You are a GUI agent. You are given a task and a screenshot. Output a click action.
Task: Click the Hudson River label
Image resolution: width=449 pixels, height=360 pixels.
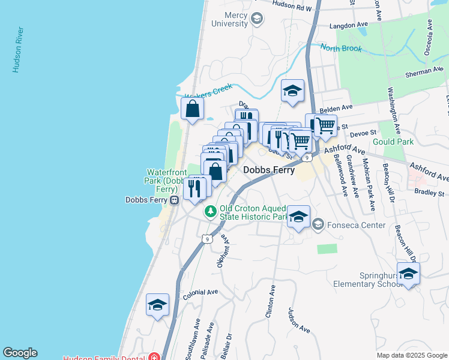(17, 50)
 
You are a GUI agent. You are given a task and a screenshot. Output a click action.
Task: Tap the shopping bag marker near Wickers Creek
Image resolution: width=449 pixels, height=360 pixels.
(192, 110)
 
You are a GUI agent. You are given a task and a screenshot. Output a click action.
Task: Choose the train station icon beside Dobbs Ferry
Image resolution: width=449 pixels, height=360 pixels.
(173, 200)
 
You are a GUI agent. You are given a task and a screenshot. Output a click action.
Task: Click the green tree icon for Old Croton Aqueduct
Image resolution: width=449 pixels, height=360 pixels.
(210, 211)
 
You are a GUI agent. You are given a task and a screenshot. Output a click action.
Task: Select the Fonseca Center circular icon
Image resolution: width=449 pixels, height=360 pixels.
(318, 226)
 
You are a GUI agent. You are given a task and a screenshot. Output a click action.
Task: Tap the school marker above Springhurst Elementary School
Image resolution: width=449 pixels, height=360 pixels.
(408, 274)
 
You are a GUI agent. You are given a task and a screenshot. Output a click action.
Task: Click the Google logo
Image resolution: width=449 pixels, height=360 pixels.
(20, 353)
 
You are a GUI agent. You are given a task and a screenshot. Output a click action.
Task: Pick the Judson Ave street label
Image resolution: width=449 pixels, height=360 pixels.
(298, 320)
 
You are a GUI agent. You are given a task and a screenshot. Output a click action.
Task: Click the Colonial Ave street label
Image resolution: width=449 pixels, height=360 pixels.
(200, 292)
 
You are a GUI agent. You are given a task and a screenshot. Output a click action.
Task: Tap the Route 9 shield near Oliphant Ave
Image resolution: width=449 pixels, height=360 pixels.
(207, 239)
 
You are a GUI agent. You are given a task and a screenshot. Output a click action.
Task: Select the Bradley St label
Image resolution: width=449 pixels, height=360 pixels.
(429, 193)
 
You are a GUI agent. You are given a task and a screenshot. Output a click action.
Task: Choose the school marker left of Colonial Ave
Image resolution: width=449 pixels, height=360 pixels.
(157, 305)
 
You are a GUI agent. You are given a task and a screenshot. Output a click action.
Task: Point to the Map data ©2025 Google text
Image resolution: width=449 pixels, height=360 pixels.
(411, 355)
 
